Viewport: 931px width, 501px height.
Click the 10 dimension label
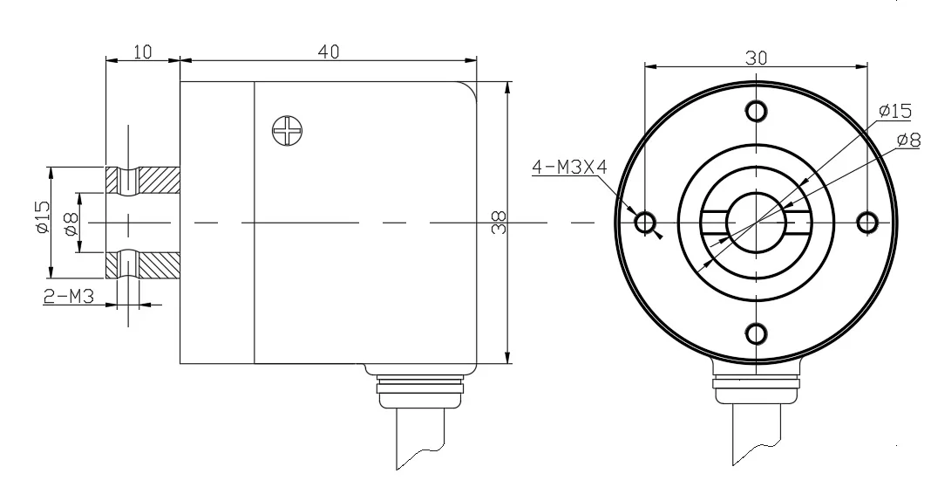point(142,51)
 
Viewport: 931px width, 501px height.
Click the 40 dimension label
point(329,51)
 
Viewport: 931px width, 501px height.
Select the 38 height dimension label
point(499,223)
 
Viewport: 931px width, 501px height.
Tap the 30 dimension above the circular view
point(756,58)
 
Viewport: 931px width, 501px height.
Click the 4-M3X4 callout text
point(569,167)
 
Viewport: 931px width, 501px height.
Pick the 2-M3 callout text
point(69,295)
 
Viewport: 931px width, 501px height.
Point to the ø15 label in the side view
point(42,217)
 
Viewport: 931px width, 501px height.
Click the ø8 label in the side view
point(71,223)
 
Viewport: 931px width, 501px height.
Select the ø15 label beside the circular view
point(894,111)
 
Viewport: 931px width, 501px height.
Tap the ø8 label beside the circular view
point(908,140)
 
